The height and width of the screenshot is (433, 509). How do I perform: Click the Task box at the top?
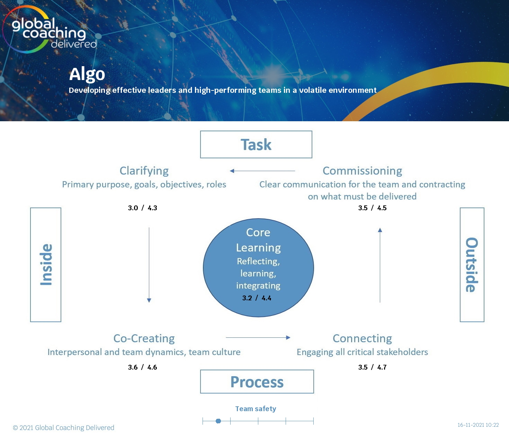(x=256, y=144)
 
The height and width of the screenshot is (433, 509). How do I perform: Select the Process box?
(x=257, y=382)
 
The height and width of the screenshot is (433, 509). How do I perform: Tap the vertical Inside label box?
(x=46, y=265)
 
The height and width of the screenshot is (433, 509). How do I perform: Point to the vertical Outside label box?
(x=472, y=265)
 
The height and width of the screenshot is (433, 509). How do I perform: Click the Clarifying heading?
(x=144, y=171)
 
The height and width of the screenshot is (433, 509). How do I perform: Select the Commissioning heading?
(x=362, y=171)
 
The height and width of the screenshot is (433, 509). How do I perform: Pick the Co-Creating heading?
(x=144, y=338)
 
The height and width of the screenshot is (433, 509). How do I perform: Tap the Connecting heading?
(x=362, y=338)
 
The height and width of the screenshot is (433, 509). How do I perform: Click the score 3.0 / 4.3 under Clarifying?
(x=143, y=208)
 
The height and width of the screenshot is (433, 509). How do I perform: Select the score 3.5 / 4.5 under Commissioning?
(x=372, y=208)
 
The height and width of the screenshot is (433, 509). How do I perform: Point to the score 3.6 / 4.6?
(x=143, y=367)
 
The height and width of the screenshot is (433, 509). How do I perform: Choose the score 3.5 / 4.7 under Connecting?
(x=372, y=367)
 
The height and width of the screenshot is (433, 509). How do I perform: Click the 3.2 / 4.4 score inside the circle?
(x=257, y=298)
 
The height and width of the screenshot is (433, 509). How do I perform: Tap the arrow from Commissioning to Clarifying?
(x=262, y=171)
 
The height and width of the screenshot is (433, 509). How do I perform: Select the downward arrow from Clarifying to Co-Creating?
(x=149, y=265)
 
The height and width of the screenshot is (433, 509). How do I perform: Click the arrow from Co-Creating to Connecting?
(x=258, y=337)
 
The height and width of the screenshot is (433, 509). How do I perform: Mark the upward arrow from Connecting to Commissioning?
(x=380, y=265)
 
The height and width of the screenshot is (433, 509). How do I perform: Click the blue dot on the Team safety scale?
(x=218, y=421)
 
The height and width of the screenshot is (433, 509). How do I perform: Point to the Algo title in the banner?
(x=87, y=74)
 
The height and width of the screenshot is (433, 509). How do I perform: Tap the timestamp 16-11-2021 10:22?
(x=478, y=425)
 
